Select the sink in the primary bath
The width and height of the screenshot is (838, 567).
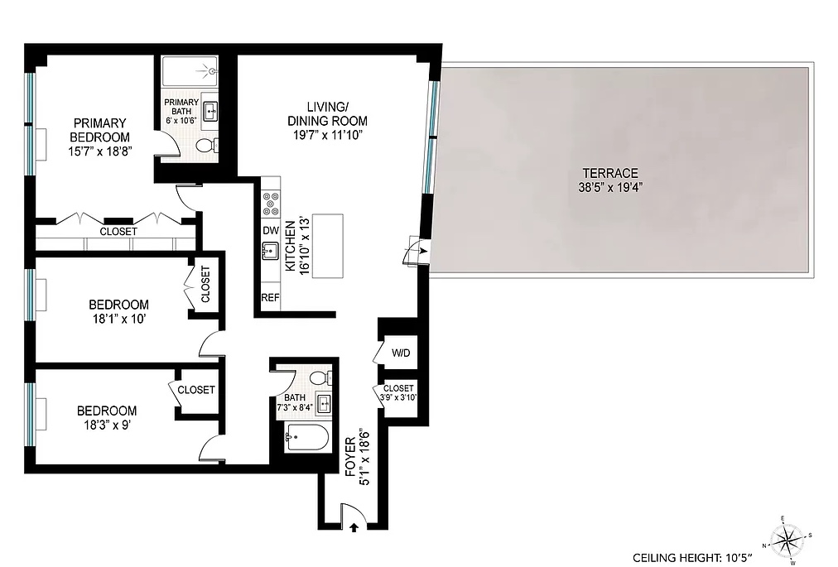point(210,110)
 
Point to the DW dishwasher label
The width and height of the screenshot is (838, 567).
point(270,231)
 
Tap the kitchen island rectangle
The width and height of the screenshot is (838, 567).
point(327,247)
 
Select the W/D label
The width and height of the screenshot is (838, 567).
point(401,353)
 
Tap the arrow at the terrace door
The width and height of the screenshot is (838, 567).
point(422,249)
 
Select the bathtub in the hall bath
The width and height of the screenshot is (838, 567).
point(306,436)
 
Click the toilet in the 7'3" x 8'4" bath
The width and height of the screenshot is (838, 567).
point(320,377)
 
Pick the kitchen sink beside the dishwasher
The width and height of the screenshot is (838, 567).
point(270,252)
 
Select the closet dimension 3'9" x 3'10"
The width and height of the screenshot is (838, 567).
point(399,398)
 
